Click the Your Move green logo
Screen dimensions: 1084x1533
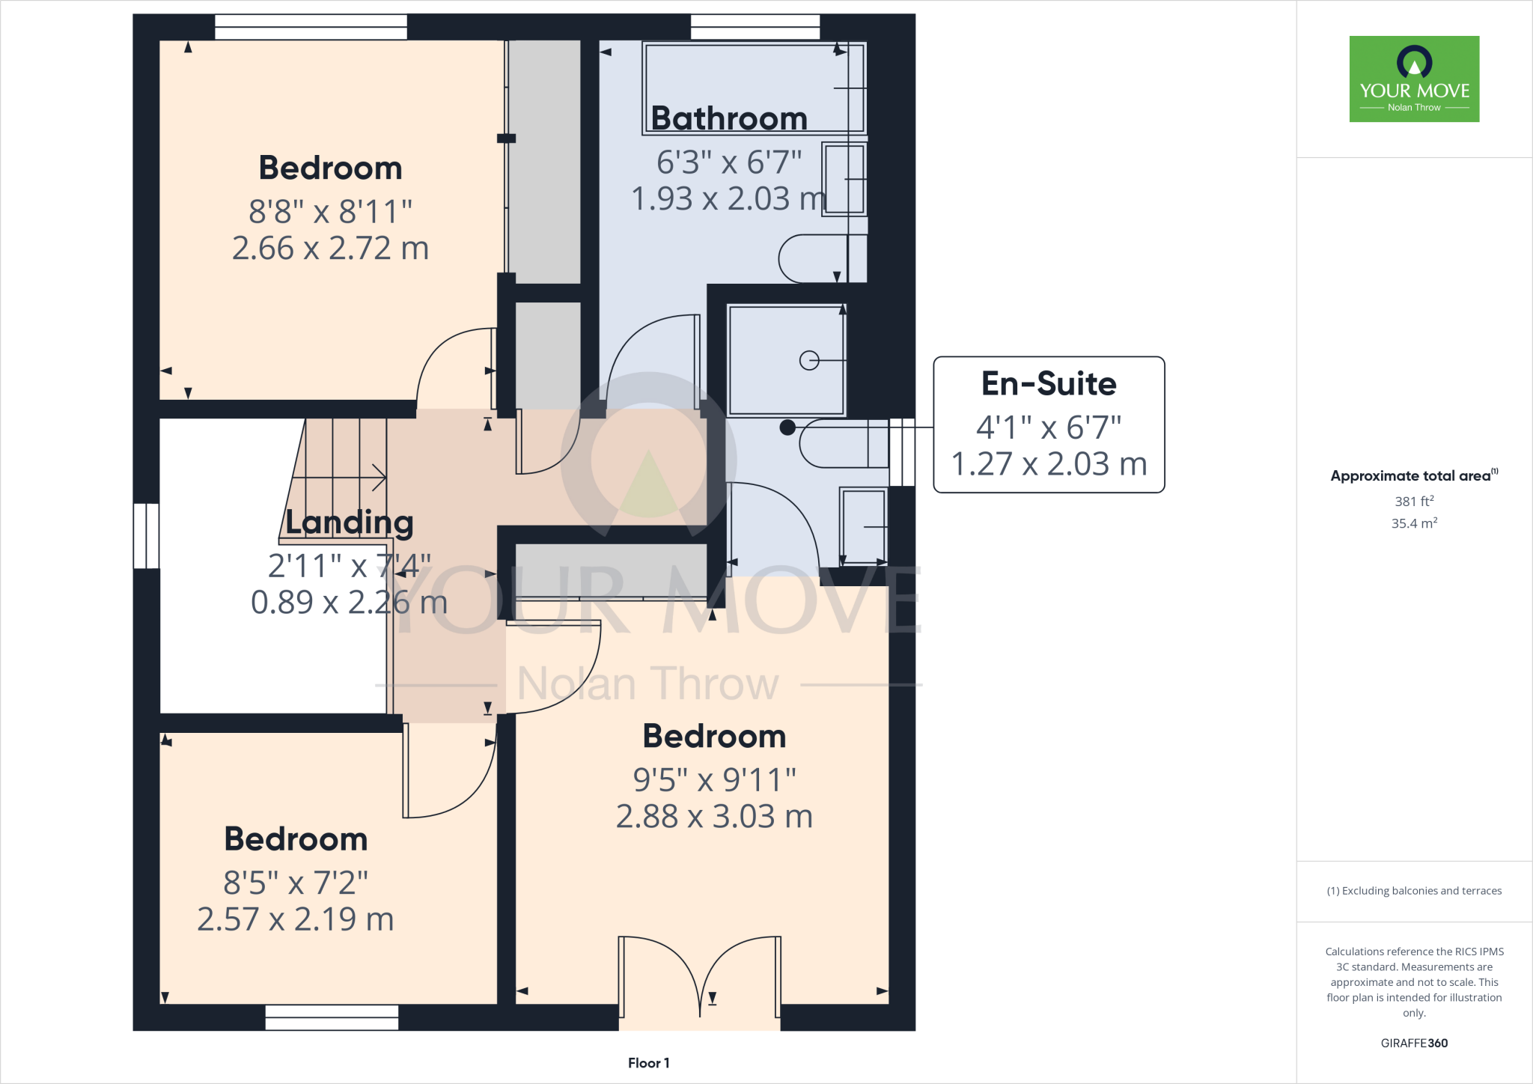(1414, 79)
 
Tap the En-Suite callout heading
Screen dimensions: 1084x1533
(1048, 384)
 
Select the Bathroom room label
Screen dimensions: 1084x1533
(729, 118)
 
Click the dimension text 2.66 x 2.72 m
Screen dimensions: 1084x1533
(330, 249)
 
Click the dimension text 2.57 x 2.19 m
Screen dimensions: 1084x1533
(296, 919)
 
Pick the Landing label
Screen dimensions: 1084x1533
(350, 523)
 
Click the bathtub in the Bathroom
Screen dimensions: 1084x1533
(754, 88)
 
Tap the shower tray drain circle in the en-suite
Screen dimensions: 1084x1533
(808, 361)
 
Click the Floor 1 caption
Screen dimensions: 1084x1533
(648, 1063)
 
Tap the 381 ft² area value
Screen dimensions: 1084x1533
(1413, 502)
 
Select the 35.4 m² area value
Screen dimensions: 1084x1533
(1413, 523)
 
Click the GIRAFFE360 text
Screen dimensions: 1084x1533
(1413, 1043)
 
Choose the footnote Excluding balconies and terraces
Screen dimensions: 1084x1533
(1413, 891)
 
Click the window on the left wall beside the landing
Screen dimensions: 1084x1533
(146, 536)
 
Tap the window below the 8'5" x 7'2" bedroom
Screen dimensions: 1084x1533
(332, 1017)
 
